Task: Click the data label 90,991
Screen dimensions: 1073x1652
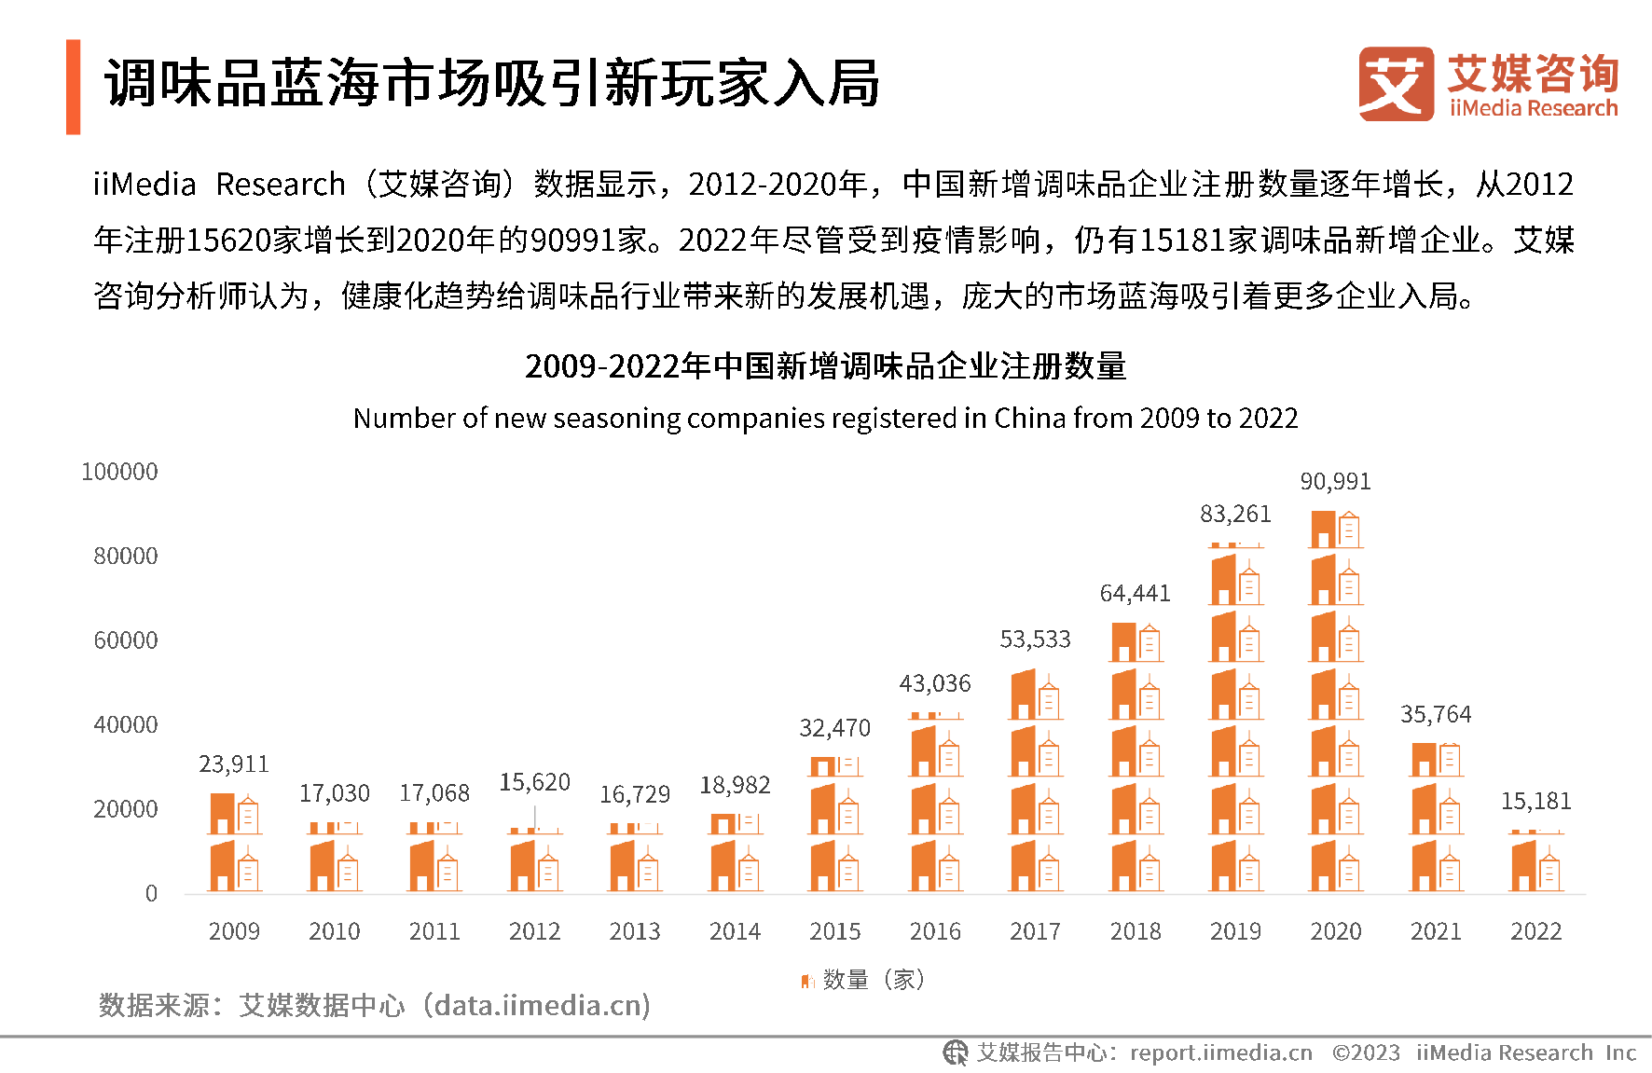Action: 1335,482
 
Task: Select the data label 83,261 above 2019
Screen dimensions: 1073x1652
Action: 1235,515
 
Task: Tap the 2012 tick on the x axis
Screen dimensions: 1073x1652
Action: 534,931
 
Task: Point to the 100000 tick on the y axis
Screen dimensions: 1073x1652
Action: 119,472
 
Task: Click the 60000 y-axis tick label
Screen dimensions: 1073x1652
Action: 126,640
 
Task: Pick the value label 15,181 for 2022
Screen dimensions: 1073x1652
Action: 1535,802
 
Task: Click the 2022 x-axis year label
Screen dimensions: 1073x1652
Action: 1535,931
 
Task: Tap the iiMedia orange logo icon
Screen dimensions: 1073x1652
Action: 1396,84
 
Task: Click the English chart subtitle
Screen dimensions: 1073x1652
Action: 825,419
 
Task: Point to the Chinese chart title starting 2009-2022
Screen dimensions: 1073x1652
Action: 825,366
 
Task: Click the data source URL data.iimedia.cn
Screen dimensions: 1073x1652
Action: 542,1005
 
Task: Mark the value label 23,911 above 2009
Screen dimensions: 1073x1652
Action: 234,764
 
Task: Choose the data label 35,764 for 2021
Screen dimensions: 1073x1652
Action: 1436,715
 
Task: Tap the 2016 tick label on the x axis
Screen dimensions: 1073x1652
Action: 935,931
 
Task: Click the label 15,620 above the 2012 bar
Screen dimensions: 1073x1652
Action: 534,782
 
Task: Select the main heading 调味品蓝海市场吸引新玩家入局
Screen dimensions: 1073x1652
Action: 492,84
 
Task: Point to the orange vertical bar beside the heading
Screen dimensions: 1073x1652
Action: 74,87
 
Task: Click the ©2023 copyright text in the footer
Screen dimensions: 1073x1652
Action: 1366,1053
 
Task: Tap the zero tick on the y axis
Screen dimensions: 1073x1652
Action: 151,894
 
